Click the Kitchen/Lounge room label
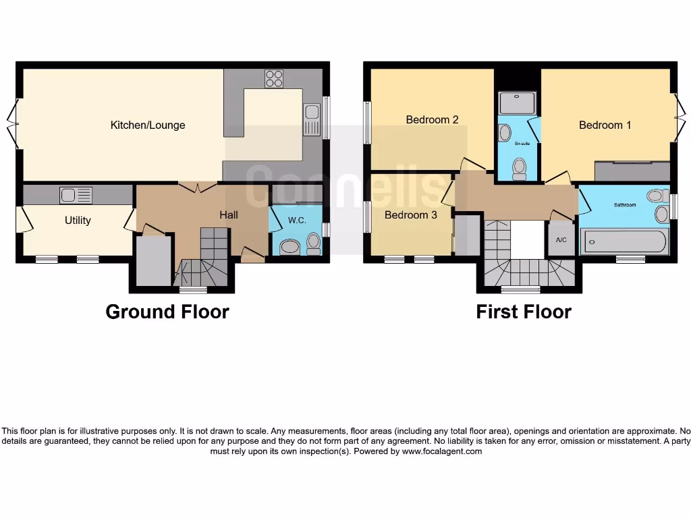coord(148,125)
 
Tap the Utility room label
coord(78,220)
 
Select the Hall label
coord(228,214)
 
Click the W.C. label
coord(297,220)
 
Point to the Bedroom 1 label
coord(605,125)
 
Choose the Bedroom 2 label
coord(432,119)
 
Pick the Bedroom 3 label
coord(411,215)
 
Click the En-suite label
coord(521,144)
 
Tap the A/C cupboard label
coord(561,240)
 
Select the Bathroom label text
coord(625,204)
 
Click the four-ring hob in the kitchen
coord(274,79)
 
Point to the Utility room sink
coord(75,196)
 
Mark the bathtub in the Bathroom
coord(625,241)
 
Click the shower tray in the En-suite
coord(517,103)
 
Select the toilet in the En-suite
coord(519,167)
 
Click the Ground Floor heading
coord(167,312)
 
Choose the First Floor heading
coord(524,312)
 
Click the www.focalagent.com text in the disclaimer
coord(442,451)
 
